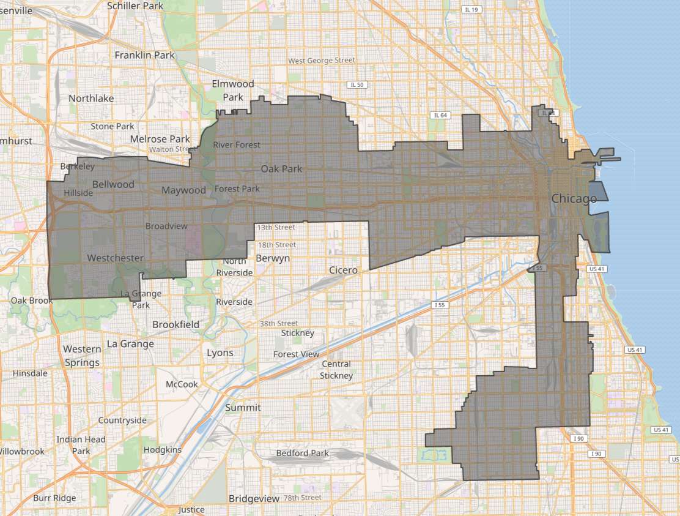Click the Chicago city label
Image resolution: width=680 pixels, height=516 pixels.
point(574,199)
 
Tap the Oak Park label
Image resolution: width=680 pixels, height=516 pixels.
point(281,168)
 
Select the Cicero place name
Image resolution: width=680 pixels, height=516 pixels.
point(342,270)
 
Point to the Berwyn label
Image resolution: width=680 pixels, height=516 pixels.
point(273,258)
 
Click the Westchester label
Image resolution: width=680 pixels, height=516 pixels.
point(116,258)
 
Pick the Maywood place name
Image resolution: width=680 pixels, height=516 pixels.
point(183,190)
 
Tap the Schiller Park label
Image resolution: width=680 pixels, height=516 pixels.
point(135,6)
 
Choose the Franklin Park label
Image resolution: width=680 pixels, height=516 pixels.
point(145,55)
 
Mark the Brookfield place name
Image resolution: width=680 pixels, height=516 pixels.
point(176,324)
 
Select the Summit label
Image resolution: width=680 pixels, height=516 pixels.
point(243,407)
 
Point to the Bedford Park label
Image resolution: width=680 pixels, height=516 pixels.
point(302,454)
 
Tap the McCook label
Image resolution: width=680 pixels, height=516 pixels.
point(182,384)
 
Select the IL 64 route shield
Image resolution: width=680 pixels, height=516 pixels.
point(439,115)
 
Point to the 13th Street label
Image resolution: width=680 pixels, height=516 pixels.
point(276,227)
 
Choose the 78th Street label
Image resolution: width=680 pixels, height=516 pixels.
point(303,498)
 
